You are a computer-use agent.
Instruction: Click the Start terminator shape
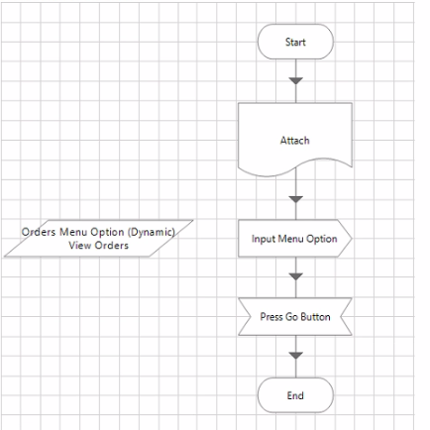pyautogui.click(x=295, y=42)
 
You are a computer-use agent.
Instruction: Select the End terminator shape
pyautogui.click(x=295, y=395)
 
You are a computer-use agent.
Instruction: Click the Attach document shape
pyautogui.click(x=295, y=140)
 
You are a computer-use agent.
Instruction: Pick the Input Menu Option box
pyautogui.click(x=295, y=238)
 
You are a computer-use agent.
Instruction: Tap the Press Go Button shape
pyautogui.click(x=295, y=317)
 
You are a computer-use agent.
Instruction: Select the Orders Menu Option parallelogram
pyautogui.click(x=98, y=238)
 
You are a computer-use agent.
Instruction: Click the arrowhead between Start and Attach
pyautogui.click(x=296, y=81)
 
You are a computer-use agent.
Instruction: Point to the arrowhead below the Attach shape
pyautogui.click(x=296, y=199)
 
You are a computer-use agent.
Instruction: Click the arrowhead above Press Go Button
pyautogui.click(x=296, y=276)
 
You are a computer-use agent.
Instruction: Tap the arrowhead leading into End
pyautogui.click(x=296, y=356)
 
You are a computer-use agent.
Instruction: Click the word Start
pyautogui.click(x=295, y=42)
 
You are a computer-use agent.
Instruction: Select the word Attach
pyautogui.click(x=295, y=141)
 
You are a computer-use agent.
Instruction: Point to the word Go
pyautogui.click(x=291, y=317)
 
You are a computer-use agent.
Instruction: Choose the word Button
pyautogui.click(x=315, y=317)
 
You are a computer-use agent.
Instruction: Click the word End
pyautogui.click(x=295, y=395)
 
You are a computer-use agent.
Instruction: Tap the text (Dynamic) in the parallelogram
pyautogui.click(x=152, y=232)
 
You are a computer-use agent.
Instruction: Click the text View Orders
pyautogui.click(x=99, y=246)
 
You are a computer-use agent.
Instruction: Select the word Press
pyautogui.click(x=271, y=317)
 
